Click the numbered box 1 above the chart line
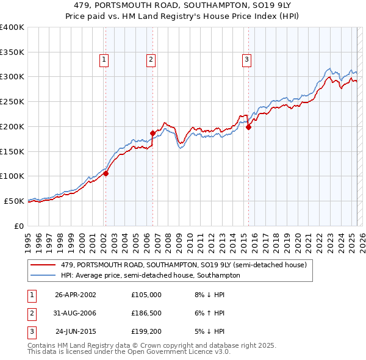[104, 60]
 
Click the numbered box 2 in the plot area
[151, 60]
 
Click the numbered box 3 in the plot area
[246, 60]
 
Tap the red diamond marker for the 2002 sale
[106, 173]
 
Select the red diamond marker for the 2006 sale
[152, 132]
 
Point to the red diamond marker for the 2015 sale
[248, 127]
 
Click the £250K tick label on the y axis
[12, 101]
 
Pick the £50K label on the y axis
[14, 201]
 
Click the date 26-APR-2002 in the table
[76, 295]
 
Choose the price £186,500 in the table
[146, 313]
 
